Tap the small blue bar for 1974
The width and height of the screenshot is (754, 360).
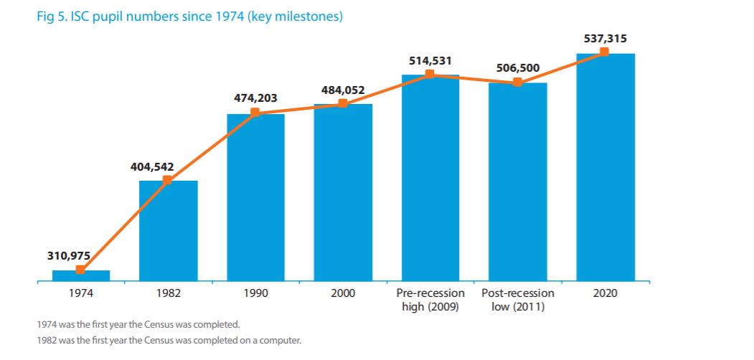tap(80, 275)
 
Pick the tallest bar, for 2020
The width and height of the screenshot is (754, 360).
tap(605, 169)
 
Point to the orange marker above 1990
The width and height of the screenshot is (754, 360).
tap(255, 113)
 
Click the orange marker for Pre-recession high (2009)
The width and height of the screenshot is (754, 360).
tap(430, 74)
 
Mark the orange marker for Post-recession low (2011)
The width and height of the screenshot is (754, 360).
tap(517, 82)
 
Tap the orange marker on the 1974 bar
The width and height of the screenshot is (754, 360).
tap(80, 270)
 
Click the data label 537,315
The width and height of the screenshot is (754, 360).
tap(604, 38)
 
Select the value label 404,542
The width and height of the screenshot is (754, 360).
tap(152, 166)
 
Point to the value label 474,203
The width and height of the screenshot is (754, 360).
tap(255, 98)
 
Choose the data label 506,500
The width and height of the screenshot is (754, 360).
tap(517, 68)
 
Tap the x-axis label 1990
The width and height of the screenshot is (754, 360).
tap(255, 293)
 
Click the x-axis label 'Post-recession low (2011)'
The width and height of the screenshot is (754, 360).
tap(517, 300)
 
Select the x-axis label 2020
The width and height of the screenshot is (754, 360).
tap(605, 293)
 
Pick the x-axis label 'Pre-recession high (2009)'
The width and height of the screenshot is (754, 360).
tap(430, 300)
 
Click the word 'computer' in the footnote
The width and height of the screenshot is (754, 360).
tap(281, 339)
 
